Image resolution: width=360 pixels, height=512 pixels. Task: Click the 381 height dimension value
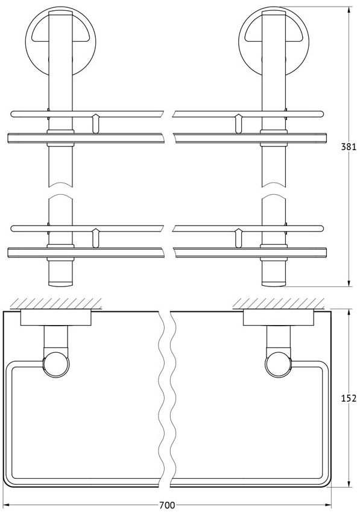[349, 147]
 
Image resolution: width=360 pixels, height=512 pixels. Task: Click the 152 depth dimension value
[349, 398]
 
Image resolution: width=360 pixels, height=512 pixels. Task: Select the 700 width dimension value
[167, 505]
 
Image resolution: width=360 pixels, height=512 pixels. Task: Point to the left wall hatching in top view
[55, 303]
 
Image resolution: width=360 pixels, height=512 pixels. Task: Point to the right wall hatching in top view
[279, 303]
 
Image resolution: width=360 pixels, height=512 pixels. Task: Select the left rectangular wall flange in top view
[56, 318]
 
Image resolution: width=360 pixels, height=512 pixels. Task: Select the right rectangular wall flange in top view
[279, 318]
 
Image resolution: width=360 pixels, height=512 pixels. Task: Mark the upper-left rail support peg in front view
[95, 124]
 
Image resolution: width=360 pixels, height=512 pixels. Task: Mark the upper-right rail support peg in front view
[238, 124]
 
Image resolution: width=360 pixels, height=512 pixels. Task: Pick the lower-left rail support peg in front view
[95, 238]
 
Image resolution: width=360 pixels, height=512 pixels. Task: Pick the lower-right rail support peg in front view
[238, 238]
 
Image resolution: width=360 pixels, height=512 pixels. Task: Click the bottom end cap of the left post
[60, 283]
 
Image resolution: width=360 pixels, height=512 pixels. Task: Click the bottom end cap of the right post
[274, 283]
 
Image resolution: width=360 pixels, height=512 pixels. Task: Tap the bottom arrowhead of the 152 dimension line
[349, 484]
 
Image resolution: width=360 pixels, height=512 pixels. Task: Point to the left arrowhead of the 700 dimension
[7, 505]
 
